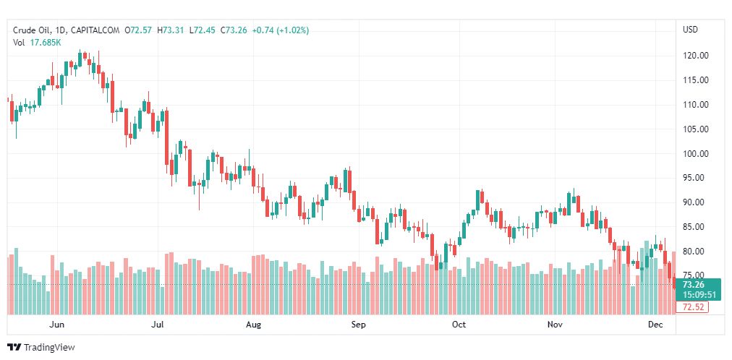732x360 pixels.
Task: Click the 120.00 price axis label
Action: coord(695,56)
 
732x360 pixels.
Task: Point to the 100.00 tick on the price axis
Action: coord(695,153)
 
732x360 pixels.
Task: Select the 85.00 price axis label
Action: coord(695,227)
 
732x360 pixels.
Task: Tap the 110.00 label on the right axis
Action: coord(695,105)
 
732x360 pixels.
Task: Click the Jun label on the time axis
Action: coord(58,325)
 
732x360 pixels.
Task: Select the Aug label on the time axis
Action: coord(253,325)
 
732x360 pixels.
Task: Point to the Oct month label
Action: coord(459,325)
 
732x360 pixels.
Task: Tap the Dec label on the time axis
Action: coord(656,325)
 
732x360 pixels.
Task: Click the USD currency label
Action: coord(690,30)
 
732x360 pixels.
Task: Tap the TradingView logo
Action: coord(41,348)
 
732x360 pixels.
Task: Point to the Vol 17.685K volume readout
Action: coord(37,42)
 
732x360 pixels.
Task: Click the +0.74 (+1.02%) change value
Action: coord(281,30)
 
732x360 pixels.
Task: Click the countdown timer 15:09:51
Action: coord(699,295)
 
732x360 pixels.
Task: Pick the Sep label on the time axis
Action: coord(359,325)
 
